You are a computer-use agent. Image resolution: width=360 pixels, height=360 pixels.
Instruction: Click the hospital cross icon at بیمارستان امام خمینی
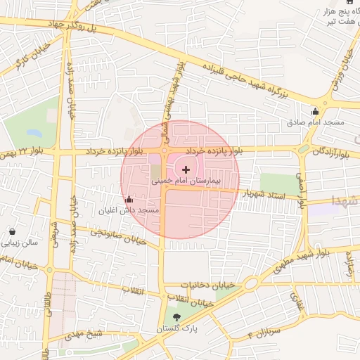click(x=186, y=169)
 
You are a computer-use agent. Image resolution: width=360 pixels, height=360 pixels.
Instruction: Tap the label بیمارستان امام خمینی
click(x=186, y=181)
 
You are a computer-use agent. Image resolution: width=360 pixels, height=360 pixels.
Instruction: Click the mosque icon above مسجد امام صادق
click(x=315, y=111)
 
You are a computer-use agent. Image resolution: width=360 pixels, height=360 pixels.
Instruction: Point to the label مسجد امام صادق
click(x=315, y=122)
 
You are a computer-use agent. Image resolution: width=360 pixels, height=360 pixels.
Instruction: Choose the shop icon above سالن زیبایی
click(x=13, y=231)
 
